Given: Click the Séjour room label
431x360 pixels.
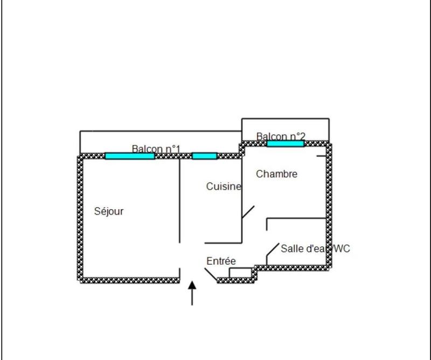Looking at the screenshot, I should [x=109, y=211].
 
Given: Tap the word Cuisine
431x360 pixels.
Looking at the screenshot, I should [x=224, y=186].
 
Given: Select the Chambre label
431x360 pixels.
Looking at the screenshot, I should [x=276, y=174].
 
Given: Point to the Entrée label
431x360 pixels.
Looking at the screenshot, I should [x=221, y=261].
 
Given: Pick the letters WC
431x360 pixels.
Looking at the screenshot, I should [x=341, y=248].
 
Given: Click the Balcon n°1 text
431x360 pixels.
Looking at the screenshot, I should [x=156, y=148].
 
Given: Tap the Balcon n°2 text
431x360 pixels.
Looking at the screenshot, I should [x=281, y=136].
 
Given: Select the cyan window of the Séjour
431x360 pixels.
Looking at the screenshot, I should [x=130, y=156].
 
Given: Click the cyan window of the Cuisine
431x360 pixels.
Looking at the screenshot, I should [x=204, y=156].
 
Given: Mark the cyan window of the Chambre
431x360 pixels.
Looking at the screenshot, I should [x=285, y=143].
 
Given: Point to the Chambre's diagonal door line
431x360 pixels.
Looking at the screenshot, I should [x=248, y=212].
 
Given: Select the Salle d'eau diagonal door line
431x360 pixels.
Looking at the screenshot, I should [x=272, y=250].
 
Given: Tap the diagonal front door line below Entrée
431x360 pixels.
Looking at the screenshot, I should [x=211, y=274].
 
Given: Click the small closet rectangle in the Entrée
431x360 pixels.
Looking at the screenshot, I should [x=240, y=273].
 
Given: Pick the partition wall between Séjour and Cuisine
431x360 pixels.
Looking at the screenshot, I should [x=179, y=199].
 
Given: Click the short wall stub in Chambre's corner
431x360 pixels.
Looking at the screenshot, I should [x=321, y=156].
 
